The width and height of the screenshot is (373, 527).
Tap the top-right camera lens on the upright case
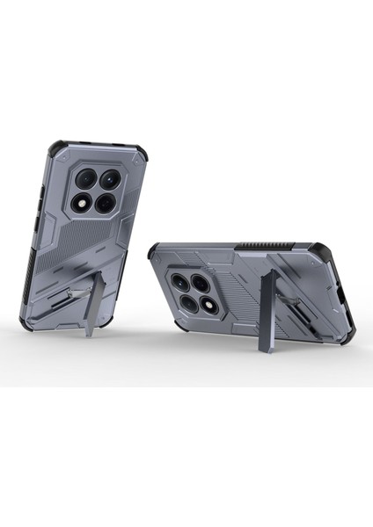point(111,180)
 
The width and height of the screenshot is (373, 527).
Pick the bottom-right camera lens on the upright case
point(105,203)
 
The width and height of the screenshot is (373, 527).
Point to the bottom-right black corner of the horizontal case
point(340,322)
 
